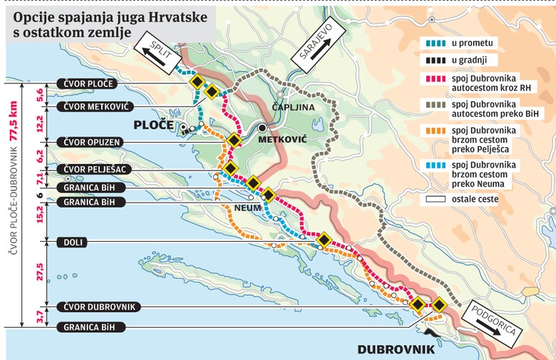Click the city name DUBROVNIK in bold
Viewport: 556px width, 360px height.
396,350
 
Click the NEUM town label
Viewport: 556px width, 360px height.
244,208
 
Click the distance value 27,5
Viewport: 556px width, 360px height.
40,274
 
